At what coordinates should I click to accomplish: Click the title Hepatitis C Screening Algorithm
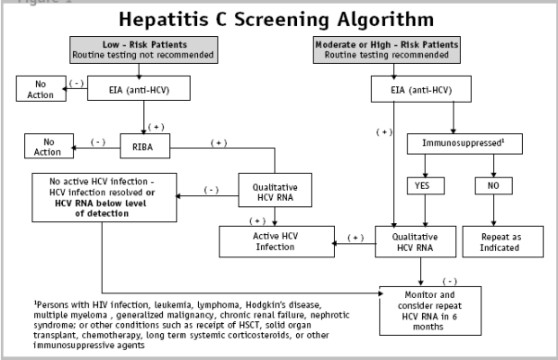tap(276, 19)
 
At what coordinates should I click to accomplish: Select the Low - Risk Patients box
tap(144, 49)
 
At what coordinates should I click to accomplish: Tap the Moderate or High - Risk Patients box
tap(387, 49)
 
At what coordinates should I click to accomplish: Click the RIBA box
tap(145, 146)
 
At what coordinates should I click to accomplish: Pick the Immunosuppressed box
tap(464, 144)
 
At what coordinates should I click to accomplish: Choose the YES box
tap(426, 185)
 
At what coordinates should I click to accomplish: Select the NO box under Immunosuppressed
tap(493, 185)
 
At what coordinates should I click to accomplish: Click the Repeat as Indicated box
tap(503, 241)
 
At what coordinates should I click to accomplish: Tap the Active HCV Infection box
tap(276, 241)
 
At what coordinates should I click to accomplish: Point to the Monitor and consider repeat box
tap(430, 310)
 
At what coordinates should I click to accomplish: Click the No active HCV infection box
tap(104, 197)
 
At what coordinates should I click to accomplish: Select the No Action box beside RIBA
tap(49, 146)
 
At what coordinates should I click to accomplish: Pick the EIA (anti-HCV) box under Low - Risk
tap(139, 88)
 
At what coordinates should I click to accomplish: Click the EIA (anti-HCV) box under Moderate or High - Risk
tap(421, 89)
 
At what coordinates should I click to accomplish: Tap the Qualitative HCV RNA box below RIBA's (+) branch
tap(275, 190)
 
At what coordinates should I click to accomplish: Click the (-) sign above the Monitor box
tap(450, 282)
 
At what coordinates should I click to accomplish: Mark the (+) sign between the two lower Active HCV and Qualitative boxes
tap(355, 238)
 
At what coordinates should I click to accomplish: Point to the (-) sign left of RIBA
tap(98, 142)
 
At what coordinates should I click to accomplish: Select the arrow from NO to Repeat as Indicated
tap(493, 211)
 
